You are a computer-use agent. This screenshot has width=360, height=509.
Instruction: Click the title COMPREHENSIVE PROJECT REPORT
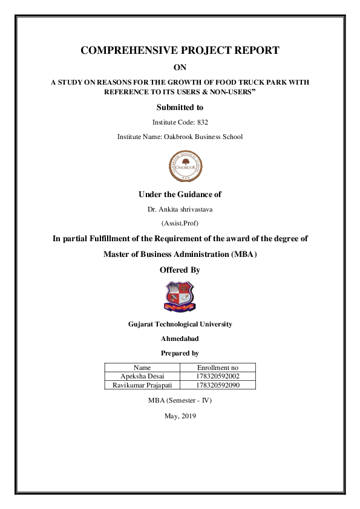(180, 50)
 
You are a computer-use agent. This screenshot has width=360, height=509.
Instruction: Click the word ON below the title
(180, 68)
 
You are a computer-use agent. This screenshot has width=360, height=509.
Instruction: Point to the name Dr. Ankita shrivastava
(180, 209)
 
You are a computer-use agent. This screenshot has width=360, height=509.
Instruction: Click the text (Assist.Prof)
(180, 223)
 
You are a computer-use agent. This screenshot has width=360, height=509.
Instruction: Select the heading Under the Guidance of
(180, 194)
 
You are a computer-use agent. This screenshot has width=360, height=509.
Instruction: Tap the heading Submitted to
(180, 108)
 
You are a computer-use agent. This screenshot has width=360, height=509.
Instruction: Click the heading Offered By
(180, 270)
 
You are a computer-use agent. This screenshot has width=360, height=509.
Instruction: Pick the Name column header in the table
(142, 368)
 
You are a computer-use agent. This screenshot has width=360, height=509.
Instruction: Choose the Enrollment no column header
(218, 368)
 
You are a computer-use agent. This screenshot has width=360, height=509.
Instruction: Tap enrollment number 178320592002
(218, 376)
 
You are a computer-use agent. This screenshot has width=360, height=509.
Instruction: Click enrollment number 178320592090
(218, 384)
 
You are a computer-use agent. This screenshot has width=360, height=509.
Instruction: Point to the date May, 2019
(180, 416)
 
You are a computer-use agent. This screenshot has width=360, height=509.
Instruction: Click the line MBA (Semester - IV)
(180, 400)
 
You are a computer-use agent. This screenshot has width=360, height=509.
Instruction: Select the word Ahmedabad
(180, 339)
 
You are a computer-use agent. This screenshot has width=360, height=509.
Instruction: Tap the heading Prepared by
(180, 353)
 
